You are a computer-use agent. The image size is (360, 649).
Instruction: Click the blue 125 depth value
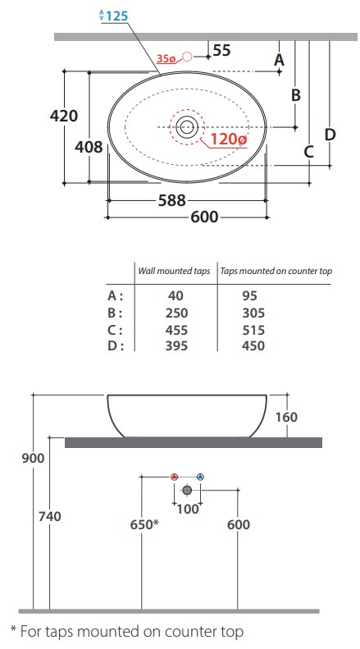click(117, 16)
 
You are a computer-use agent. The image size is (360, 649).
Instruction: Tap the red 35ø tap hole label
click(166, 59)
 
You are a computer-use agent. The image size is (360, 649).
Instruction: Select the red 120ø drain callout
click(229, 139)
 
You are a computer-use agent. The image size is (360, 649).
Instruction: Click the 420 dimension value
click(64, 116)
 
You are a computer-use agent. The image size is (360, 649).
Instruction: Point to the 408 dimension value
click(89, 147)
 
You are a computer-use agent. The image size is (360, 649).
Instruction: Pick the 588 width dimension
click(172, 201)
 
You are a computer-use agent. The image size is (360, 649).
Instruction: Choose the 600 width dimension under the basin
click(204, 217)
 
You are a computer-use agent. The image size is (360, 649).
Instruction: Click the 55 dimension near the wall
click(221, 51)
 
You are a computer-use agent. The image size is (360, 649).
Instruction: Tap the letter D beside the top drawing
click(330, 135)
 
